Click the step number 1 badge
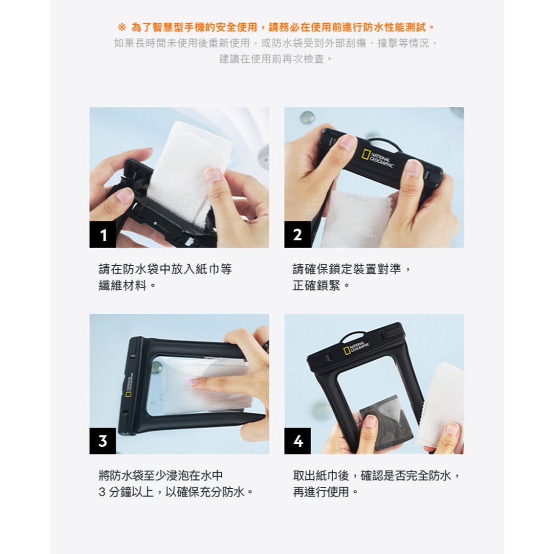[x=103, y=234]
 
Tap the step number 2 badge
[x=298, y=234]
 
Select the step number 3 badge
[x=103, y=441]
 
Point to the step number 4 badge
[x=298, y=441]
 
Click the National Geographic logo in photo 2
[x=377, y=160]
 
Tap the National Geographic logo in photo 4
[x=356, y=348]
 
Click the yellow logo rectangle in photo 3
[x=128, y=394]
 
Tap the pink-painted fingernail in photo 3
[x=192, y=381]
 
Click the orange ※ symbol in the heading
[x=122, y=27]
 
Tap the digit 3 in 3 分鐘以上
[x=102, y=492]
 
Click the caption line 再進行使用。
[x=325, y=491]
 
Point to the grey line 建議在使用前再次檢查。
[x=276, y=58]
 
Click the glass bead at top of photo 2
[x=307, y=117]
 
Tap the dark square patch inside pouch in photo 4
[x=387, y=422]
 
